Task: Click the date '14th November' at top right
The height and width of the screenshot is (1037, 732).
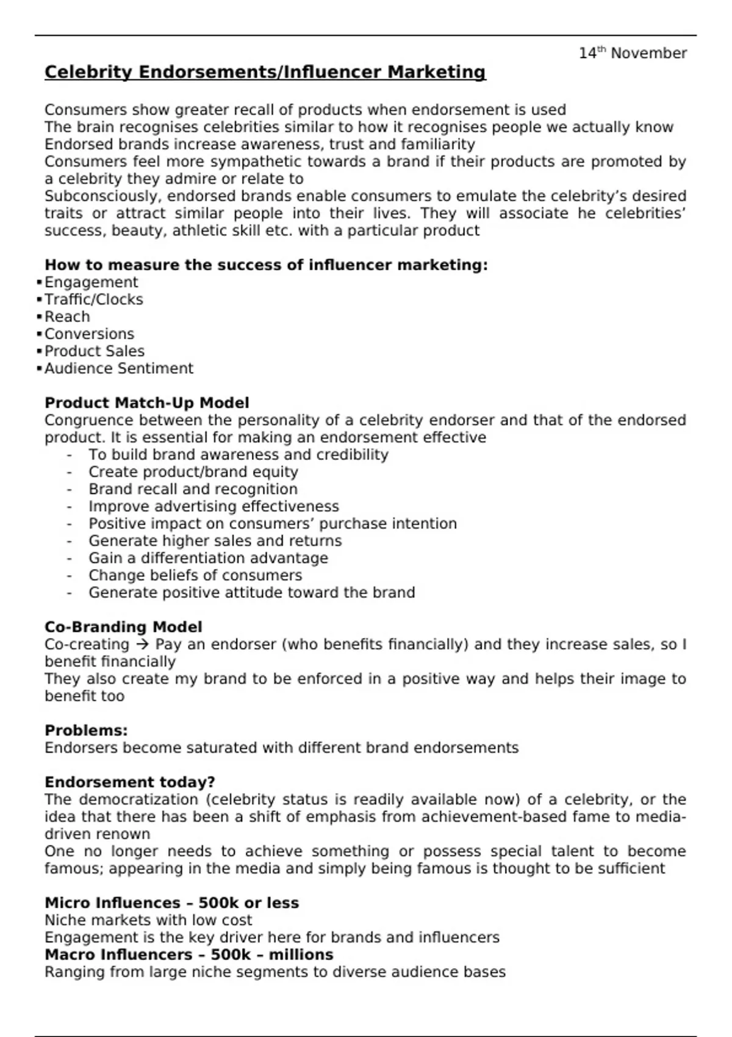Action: [633, 54]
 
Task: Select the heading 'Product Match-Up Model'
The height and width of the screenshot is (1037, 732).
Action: [146, 403]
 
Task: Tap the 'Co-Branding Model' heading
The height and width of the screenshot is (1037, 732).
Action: [123, 627]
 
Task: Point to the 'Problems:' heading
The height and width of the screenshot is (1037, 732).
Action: [86, 731]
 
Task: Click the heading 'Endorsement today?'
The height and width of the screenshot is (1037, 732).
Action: [129, 783]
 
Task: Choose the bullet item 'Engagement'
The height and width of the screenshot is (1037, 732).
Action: [91, 282]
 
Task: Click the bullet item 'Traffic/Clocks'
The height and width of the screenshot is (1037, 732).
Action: [93, 300]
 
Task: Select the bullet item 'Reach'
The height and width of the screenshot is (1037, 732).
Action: [67, 317]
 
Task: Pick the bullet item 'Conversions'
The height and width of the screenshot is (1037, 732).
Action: [89, 334]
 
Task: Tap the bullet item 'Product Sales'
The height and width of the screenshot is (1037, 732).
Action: [95, 351]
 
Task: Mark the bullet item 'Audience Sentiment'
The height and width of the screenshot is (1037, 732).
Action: [118, 368]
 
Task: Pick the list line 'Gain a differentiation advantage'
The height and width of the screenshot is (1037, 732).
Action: [208, 558]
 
